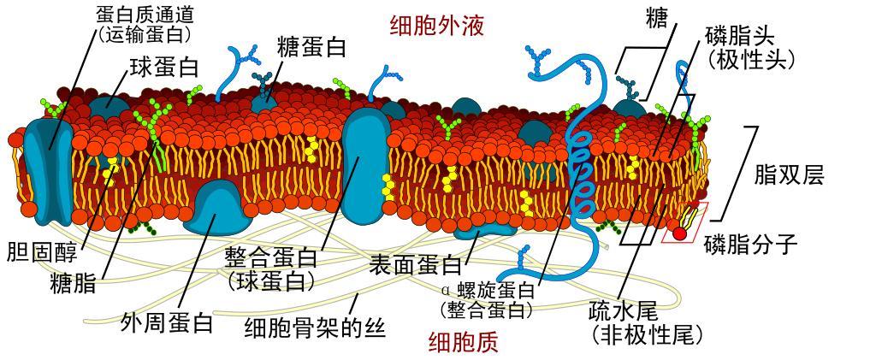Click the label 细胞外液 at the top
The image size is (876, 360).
(x=436, y=27)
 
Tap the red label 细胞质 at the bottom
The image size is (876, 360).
(x=463, y=342)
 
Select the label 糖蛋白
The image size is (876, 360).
(x=311, y=48)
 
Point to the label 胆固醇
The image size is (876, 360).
(x=43, y=251)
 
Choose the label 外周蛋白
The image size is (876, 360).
(x=167, y=322)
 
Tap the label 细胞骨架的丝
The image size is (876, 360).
(x=316, y=327)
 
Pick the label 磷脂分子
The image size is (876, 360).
(x=750, y=244)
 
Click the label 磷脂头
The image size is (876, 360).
(x=740, y=37)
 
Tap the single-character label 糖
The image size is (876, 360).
(x=654, y=20)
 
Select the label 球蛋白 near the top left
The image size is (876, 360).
(x=163, y=68)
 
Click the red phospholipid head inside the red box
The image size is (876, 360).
(x=678, y=233)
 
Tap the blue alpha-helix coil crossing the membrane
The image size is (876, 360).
(x=581, y=168)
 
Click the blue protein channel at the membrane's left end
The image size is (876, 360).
(x=48, y=171)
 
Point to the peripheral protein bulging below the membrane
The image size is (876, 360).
(x=217, y=207)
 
